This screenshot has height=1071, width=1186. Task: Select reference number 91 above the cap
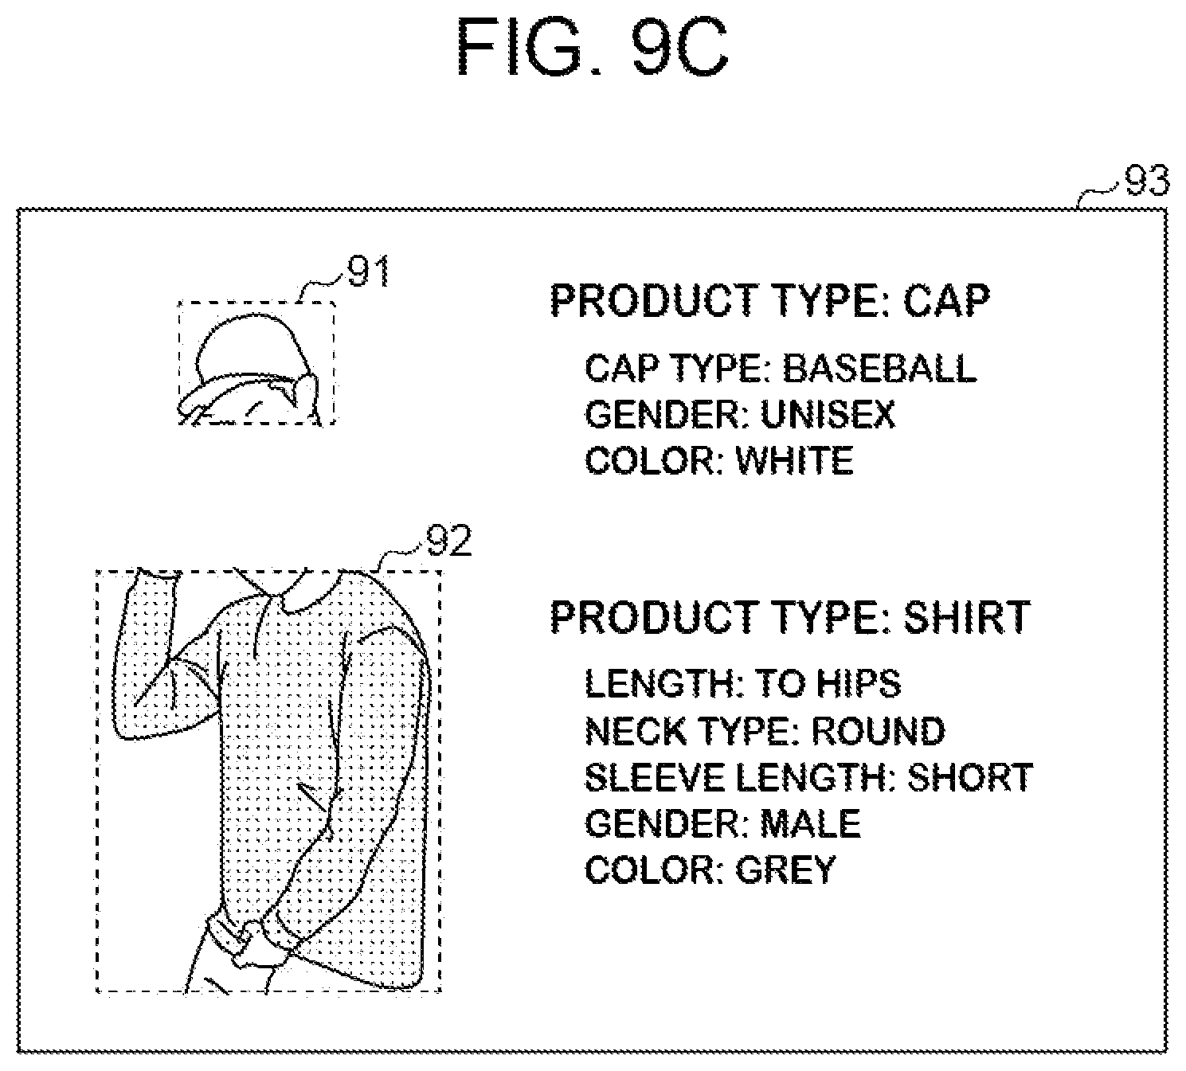tap(369, 272)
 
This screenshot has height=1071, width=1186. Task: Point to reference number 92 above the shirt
tap(449, 540)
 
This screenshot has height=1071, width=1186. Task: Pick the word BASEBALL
tap(879, 368)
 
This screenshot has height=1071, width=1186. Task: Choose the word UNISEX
tap(828, 414)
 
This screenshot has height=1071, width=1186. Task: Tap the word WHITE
tap(794, 460)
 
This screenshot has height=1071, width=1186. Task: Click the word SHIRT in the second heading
tap(967, 617)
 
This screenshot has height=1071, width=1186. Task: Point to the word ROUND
tap(878, 730)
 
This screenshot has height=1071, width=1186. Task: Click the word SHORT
tap(970, 776)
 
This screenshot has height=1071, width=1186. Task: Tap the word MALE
tap(810, 823)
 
